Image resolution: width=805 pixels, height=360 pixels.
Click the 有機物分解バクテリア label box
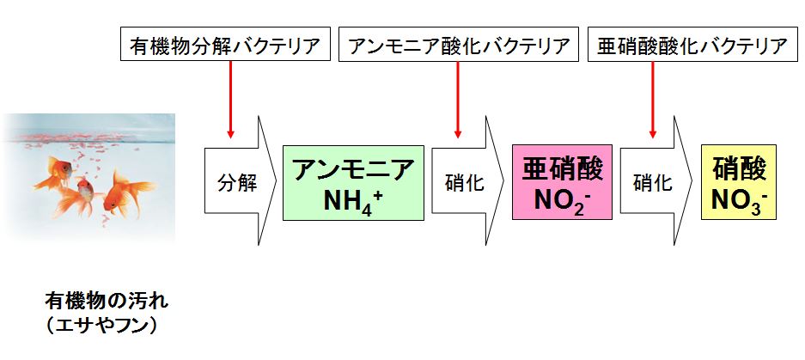(225, 45)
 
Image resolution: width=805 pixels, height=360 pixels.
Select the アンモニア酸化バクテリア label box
(457, 45)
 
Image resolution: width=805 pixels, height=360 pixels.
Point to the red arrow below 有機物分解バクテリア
(230, 99)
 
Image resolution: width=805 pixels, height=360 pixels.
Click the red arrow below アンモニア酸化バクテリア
(457, 99)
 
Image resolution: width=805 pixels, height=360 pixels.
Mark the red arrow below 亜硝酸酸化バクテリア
(653, 99)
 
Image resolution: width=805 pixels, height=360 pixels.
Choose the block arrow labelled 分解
(237, 183)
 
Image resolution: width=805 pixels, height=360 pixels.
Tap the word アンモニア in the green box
(353, 168)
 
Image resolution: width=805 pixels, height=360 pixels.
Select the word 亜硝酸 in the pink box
(563, 168)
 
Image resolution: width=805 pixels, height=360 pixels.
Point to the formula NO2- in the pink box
(563, 201)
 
